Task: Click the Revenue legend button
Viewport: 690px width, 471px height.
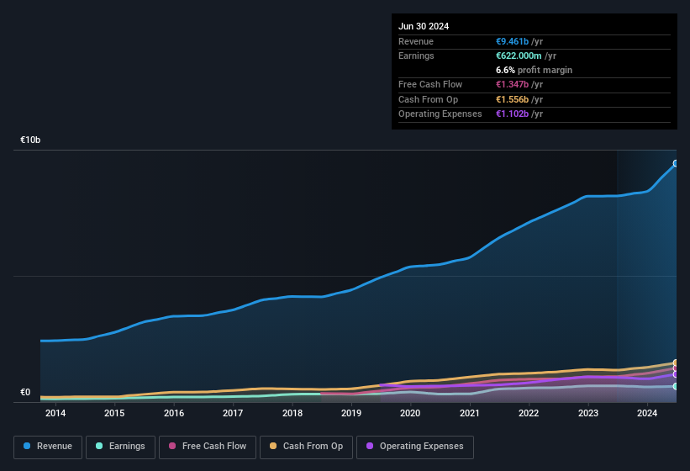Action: (48, 446)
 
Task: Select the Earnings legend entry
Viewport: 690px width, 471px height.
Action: (120, 446)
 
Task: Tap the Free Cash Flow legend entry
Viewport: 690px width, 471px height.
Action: (208, 446)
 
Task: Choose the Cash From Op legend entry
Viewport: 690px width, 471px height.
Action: (306, 446)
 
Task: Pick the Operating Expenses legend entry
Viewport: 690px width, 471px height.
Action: (415, 446)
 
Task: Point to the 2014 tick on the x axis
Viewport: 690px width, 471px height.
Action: (55, 413)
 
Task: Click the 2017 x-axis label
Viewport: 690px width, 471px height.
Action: (233, 413)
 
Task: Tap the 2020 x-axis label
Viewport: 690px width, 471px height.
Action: (410, 413)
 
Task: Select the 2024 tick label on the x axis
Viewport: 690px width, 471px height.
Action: (647, 413)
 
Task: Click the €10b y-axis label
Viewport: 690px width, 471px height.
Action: (30, 140)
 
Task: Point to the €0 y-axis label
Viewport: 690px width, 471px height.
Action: (25, 392)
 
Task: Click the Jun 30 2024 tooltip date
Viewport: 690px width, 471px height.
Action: (424, 26)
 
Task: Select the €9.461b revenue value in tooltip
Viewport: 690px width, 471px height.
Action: (513, 41)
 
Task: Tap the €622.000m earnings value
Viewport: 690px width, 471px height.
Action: (519, 56)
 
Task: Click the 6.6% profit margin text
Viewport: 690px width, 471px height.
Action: (535, 70)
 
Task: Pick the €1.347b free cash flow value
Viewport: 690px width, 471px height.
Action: (513, 84)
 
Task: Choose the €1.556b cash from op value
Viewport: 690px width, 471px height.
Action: (513, 99)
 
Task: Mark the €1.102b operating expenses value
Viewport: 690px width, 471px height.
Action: (513, 114)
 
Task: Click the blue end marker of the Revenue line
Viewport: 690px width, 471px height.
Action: (676, 163)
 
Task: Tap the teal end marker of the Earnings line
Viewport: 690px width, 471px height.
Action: (676, 386)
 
